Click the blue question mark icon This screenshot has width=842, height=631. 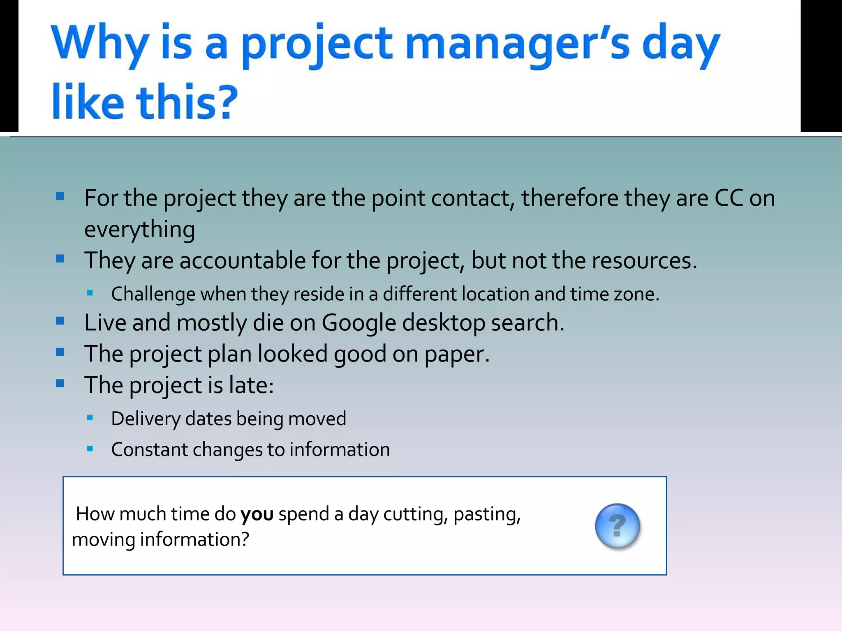click(x=617, y=526)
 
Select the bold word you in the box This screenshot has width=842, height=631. click(x=257, y=514)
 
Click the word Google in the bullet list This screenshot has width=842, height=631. click(x=359, y=323)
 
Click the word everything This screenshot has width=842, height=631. click(x=139, y=230)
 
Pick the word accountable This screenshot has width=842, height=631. click(x=243, y=261)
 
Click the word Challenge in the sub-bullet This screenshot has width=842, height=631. click(x=153, y=295)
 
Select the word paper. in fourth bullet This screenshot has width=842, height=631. click(x=457, y=354)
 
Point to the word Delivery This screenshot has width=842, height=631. click(x=146, y=419)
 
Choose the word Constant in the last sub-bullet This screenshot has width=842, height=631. click(x=149, y=450)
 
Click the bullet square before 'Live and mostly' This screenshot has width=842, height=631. click(x=60, y=321)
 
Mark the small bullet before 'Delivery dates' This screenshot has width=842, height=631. click(x=90, y=418)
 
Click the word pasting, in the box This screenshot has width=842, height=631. click(x=487, y=514)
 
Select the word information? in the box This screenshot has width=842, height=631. click(x=194, y=540)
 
